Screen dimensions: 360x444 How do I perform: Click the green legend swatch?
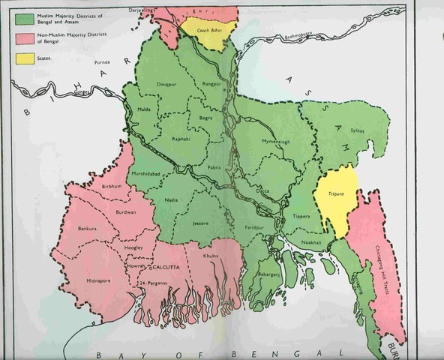tap(22, 19)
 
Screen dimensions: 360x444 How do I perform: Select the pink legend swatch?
tap(22, 38)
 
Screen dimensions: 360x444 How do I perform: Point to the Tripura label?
tap(334, 193)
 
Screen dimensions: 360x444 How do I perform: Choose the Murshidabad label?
tap(146, 174)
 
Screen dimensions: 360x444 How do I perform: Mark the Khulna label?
tap(211, 256)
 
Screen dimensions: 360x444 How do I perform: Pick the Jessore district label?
tap(199, 223)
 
